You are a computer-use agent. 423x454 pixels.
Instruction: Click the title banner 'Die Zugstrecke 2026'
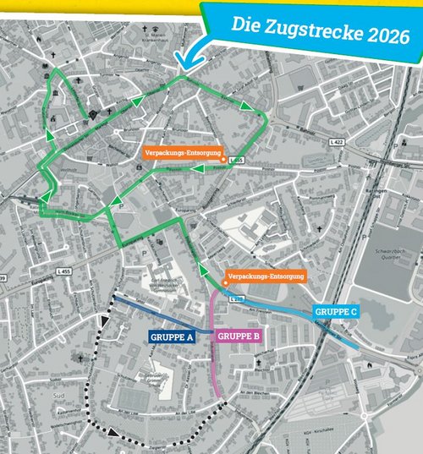pos(313,33)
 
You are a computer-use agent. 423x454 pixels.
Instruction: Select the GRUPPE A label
pos(173,336)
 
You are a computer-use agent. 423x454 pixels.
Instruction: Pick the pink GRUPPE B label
pos(239,336)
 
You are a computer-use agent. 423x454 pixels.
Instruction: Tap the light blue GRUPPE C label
pos(337,312)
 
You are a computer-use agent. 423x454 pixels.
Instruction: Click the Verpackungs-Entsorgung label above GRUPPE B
pos(266,276)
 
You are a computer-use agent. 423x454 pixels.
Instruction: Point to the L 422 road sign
pos(338,144)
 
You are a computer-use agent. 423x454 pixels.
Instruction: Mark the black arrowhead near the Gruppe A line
pos(104,321)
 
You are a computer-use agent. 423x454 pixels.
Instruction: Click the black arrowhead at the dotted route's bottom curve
pos(113,433)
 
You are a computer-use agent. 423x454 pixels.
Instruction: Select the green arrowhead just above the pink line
pos(204,270)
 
